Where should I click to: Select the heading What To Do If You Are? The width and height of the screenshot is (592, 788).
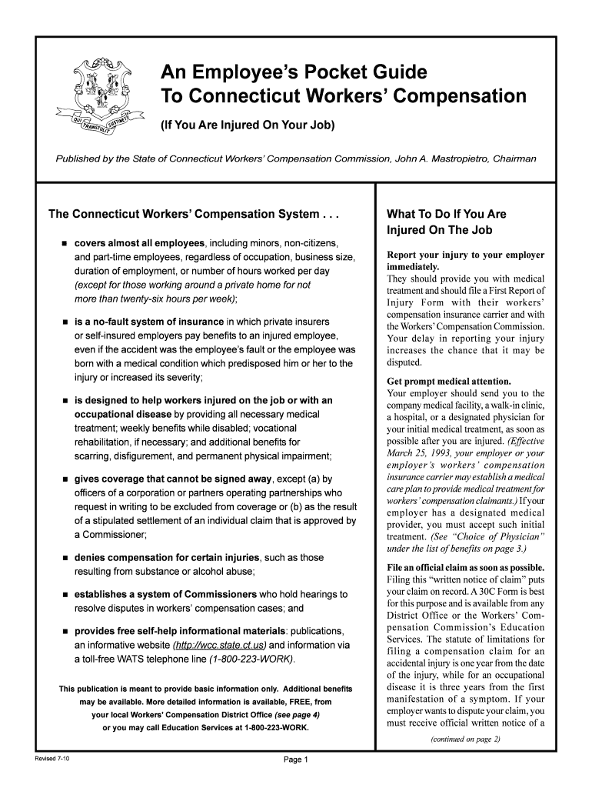446,215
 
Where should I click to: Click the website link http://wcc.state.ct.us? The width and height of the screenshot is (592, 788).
220,645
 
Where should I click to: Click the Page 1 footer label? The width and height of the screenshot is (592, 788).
296,760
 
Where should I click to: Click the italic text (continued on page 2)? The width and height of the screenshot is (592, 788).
465,740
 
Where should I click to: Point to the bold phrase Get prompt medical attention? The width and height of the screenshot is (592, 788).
448,381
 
